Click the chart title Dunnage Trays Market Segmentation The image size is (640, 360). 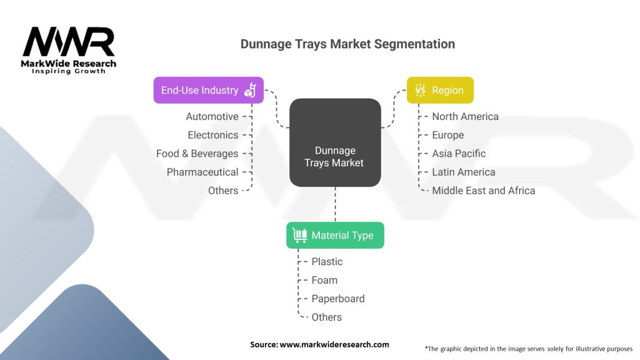(x=347, y=44)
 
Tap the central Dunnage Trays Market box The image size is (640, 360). (x=335, y=142)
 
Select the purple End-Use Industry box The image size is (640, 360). (x=208, y=90)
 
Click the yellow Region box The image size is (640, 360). (x=440, y=90)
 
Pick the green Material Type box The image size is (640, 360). (x=335, y=235)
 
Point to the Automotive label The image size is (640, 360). (x=212, y=116)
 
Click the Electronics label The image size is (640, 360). (x=212, y=135)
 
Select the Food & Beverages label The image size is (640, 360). (x=197, y=153)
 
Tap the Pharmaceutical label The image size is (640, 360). (x=202, y=172)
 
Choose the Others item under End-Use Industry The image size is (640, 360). (x=223, y=191)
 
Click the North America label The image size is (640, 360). (x=465, y=116)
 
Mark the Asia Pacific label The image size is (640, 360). (x=459, y=153)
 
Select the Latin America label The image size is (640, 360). (x=464, y=172)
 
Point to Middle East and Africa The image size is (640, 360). (x=483, y=191)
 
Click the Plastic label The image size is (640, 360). (x=327, y=261)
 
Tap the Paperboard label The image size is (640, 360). (x=338, y=299)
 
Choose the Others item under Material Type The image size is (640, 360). (x=327, y=317)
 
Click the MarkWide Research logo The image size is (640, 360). (x=69, y=50)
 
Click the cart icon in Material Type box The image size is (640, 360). (x=300, y=235)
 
